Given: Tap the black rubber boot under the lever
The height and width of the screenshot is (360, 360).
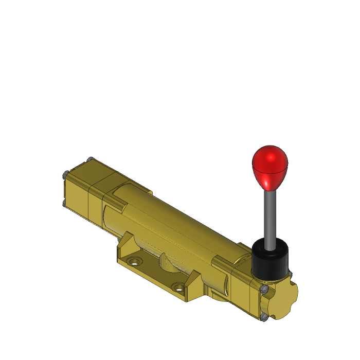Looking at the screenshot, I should (269, 262).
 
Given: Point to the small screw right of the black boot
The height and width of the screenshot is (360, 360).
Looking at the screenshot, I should (290, 274).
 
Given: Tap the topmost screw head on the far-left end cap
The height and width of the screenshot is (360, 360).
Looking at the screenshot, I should (91, 159).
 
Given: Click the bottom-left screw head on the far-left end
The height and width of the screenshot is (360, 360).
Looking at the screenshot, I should (64, 204).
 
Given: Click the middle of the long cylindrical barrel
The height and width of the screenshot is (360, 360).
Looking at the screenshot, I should (175, 221).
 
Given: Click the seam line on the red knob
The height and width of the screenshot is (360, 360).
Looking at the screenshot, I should (269, 170).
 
